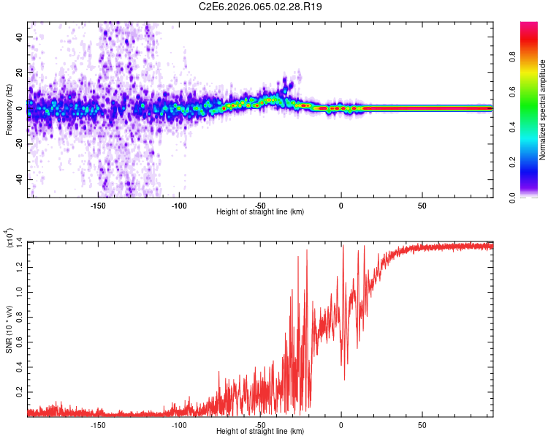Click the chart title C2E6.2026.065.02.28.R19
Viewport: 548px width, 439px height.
[x=261, y=7]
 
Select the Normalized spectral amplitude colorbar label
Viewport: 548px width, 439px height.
[x=543, y=110]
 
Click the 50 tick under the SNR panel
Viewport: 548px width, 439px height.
[x=422, y=426]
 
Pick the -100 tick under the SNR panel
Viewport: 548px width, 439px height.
[x=179, y=426]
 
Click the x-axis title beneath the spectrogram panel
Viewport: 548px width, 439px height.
[x=260, y=212]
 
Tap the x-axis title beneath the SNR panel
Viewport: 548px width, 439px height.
[x=260, y=432]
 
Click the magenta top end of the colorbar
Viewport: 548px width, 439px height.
[x=528, y=25]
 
